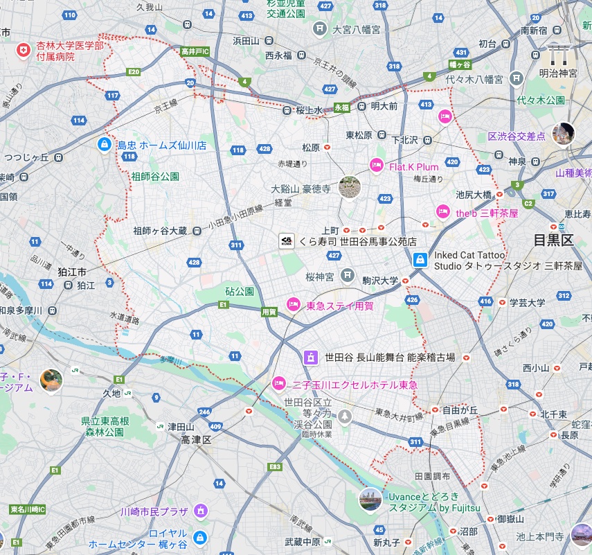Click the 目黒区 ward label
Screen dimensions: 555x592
coord(554,240)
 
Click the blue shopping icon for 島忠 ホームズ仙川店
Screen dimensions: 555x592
coord(103,145)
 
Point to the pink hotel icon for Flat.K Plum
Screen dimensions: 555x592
coord(376,166)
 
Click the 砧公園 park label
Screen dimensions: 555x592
coord(240,291)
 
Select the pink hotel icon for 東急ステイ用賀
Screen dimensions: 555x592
coord(293,304)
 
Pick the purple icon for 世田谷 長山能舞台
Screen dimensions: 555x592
coord(312,358)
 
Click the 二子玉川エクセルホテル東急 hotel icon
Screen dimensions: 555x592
coord(279,382)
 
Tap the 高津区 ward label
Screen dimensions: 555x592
coord(195,440)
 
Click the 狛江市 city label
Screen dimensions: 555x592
coord(72,272)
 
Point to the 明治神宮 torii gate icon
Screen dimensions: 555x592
coord(557,53)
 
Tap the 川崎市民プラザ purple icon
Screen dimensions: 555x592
coord(201,511)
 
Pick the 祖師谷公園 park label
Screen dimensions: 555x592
coord(156,176)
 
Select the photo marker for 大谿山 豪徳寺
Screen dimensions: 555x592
coord(350,186)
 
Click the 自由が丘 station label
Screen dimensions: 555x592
coord(460,409)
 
